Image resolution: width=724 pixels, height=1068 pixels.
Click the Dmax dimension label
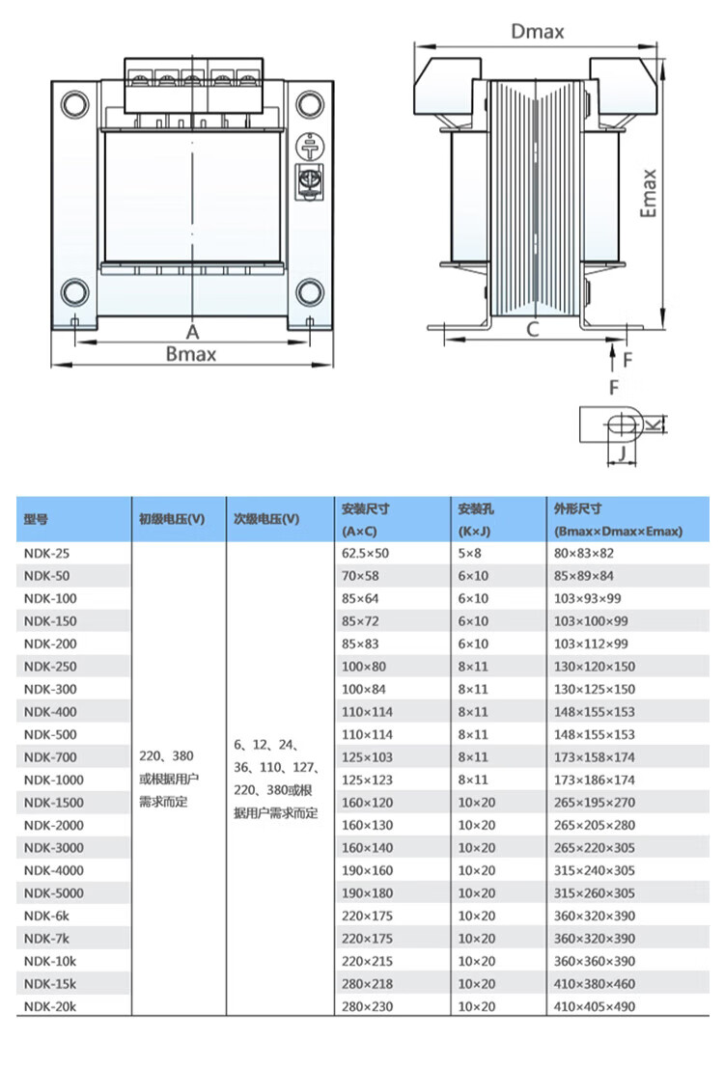coord(538,31)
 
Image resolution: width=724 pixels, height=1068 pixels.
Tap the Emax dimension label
coord(649,194)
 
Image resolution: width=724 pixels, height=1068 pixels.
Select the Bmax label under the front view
coord(191,354)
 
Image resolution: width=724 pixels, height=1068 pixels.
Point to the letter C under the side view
coord(533,330)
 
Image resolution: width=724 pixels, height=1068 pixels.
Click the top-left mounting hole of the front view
coord(75,105)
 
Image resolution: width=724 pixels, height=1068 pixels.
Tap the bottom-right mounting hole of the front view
coord(310,292)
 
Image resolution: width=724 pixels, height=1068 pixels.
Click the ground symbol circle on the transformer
coord(310,147)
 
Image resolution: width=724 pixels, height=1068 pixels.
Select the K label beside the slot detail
coord(654,425)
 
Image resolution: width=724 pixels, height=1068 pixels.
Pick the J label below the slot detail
coord(622,452)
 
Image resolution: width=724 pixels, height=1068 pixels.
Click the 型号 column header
coord(36,520)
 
